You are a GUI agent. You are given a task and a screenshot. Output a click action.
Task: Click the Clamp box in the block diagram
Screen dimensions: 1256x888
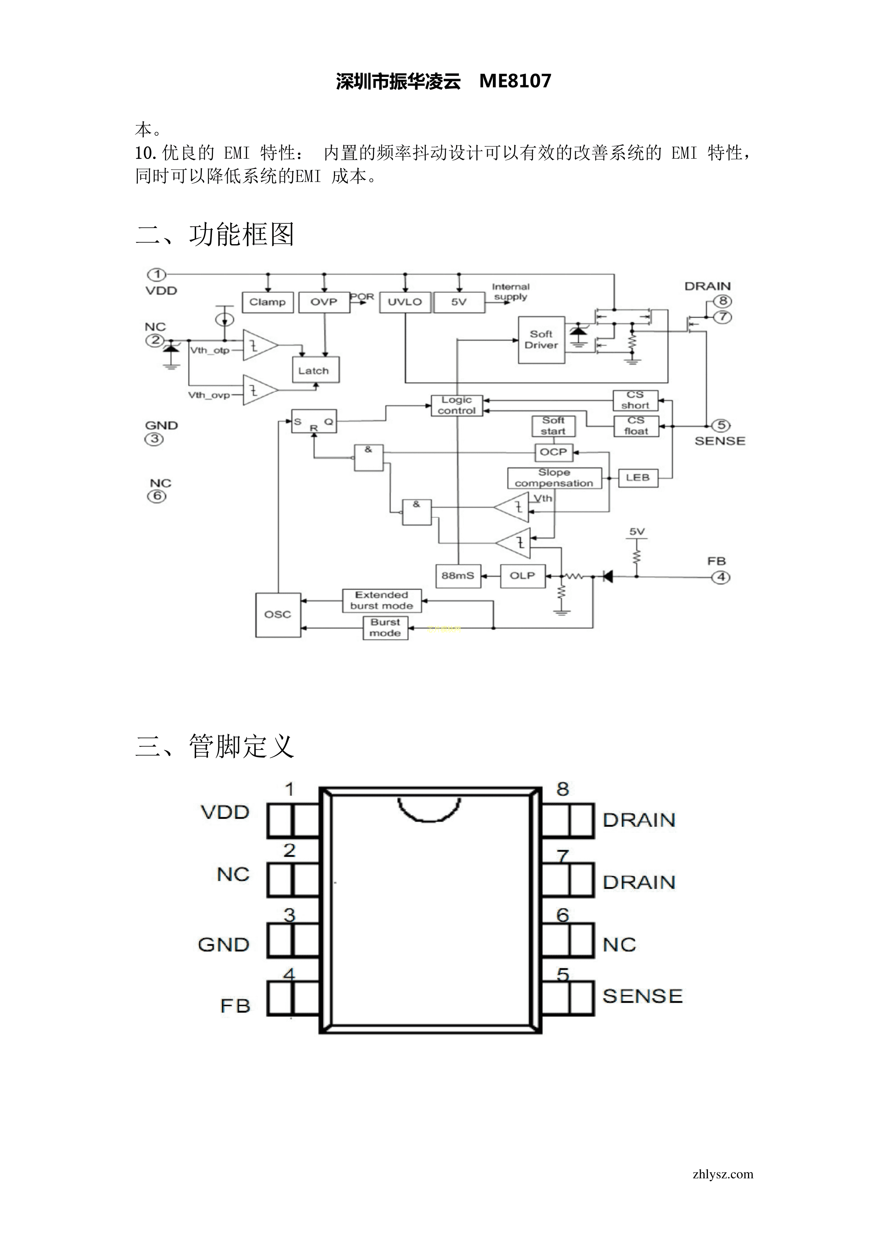[x=268, y=302]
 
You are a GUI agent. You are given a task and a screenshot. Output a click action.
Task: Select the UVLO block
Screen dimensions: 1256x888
[x=405, y=302]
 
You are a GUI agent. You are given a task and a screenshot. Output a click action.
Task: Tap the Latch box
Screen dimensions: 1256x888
[x=315, y=370]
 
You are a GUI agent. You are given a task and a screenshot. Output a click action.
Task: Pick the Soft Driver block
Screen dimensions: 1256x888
[x=541, y=340]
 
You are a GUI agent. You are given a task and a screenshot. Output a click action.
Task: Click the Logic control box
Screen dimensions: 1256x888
[x=457, y=405]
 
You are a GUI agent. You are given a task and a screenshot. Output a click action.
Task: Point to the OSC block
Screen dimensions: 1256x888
[x=278, y=615]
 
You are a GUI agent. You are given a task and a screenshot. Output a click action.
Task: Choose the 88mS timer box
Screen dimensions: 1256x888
[x=458, y=576]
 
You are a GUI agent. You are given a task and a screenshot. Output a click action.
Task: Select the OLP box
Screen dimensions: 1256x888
[x=523, y=576]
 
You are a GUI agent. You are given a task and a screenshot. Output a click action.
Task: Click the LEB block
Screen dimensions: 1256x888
[x=637, y=477]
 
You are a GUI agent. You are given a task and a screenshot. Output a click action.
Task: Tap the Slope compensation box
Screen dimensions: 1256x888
[x=554, y=477]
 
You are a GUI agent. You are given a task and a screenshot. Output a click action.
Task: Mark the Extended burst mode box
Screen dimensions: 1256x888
[x=382, y=600]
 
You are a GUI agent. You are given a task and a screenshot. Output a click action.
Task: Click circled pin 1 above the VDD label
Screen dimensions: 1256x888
[x=157, y=274]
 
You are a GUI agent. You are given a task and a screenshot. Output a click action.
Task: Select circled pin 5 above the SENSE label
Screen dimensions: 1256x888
[x=721, y=425]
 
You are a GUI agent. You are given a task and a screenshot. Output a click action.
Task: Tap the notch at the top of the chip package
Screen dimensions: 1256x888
[x=429, y=810]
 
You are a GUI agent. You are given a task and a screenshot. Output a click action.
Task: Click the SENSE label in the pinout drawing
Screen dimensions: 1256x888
[x=642, y=996]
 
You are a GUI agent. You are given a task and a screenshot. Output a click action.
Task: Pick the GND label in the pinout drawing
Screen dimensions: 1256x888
[x=223, y=945]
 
